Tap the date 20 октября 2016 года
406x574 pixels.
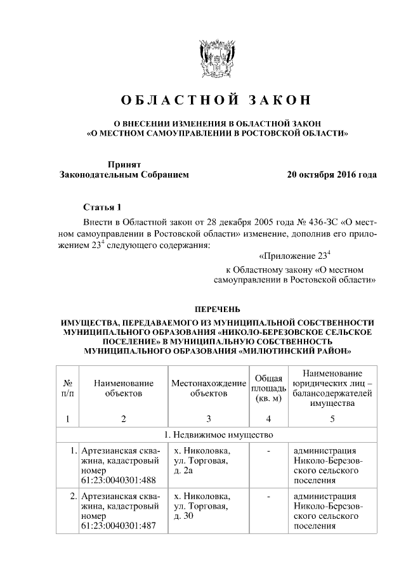(331, 174)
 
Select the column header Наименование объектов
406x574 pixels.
(124, 388)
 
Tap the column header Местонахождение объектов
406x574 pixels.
(208, 388)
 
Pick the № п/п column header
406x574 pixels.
(67, 388)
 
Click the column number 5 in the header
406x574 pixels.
(332, 418)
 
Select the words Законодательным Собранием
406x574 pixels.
(124, 174)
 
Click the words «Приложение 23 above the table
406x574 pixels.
(294, 257)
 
